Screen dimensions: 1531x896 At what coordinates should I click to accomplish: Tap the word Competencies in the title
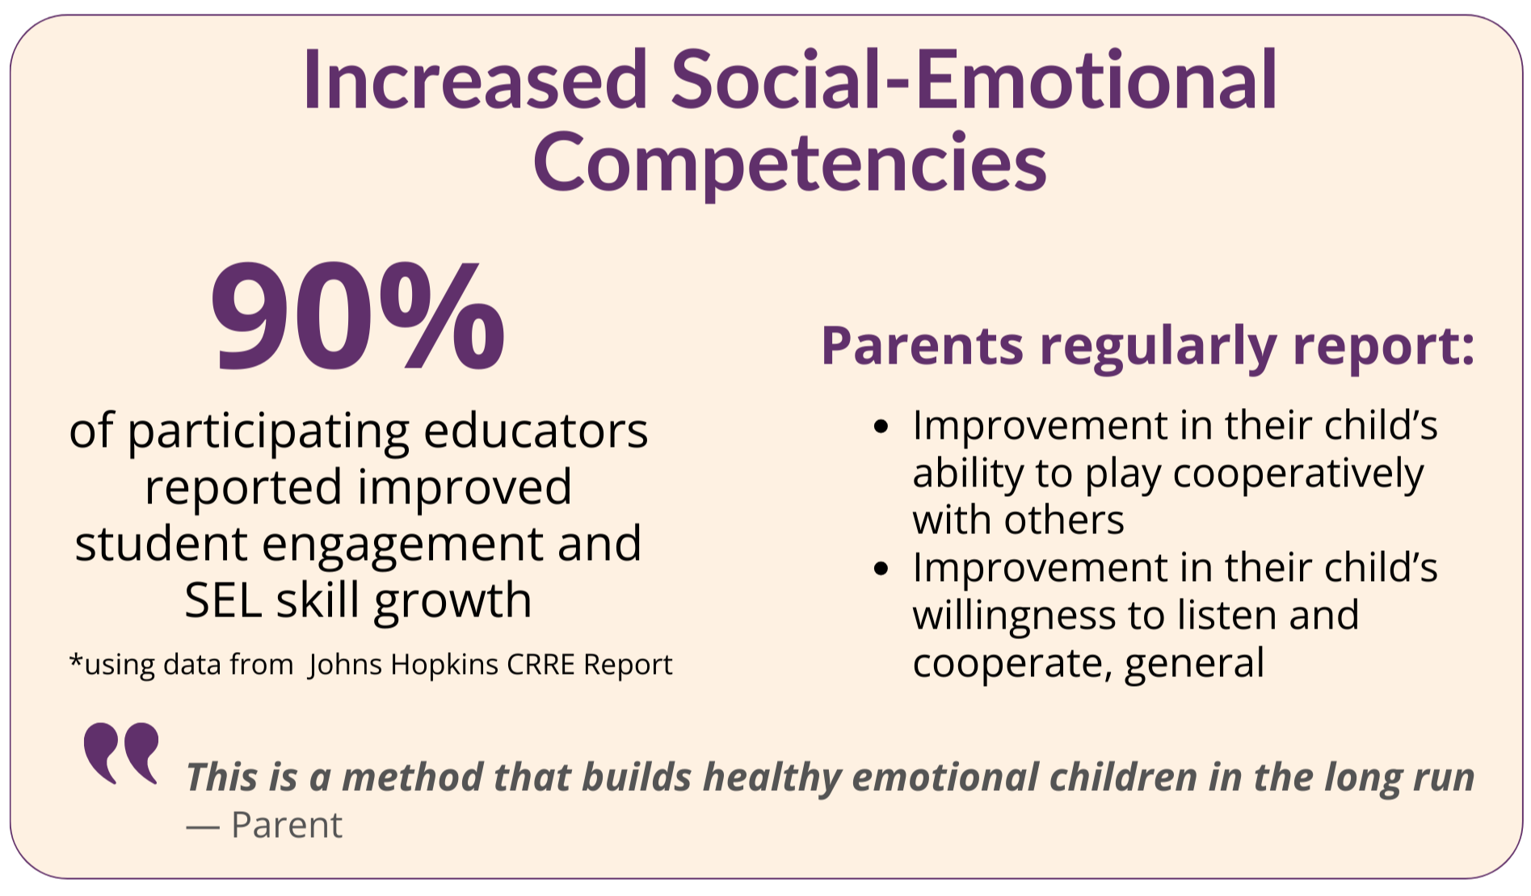click(789, 163)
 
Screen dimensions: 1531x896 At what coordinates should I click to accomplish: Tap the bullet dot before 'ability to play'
click(881, 426)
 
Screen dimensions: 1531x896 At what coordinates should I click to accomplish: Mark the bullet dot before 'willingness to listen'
click(881, 569)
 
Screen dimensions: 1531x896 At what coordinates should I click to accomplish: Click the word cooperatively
click(1298, 474)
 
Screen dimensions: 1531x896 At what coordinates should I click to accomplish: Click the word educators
click(536, 431)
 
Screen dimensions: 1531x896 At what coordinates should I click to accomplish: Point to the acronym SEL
click(224, 600)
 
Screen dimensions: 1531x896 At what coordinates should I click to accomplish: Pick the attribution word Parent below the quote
click(287, 826)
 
